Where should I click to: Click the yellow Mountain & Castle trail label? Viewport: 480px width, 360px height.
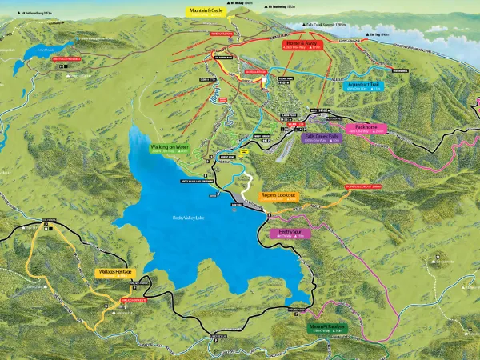click(x=203, y=11)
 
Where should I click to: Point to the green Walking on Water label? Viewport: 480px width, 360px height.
click(x=169, y=148)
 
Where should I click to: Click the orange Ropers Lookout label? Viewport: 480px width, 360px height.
click(x=279, y=195)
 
